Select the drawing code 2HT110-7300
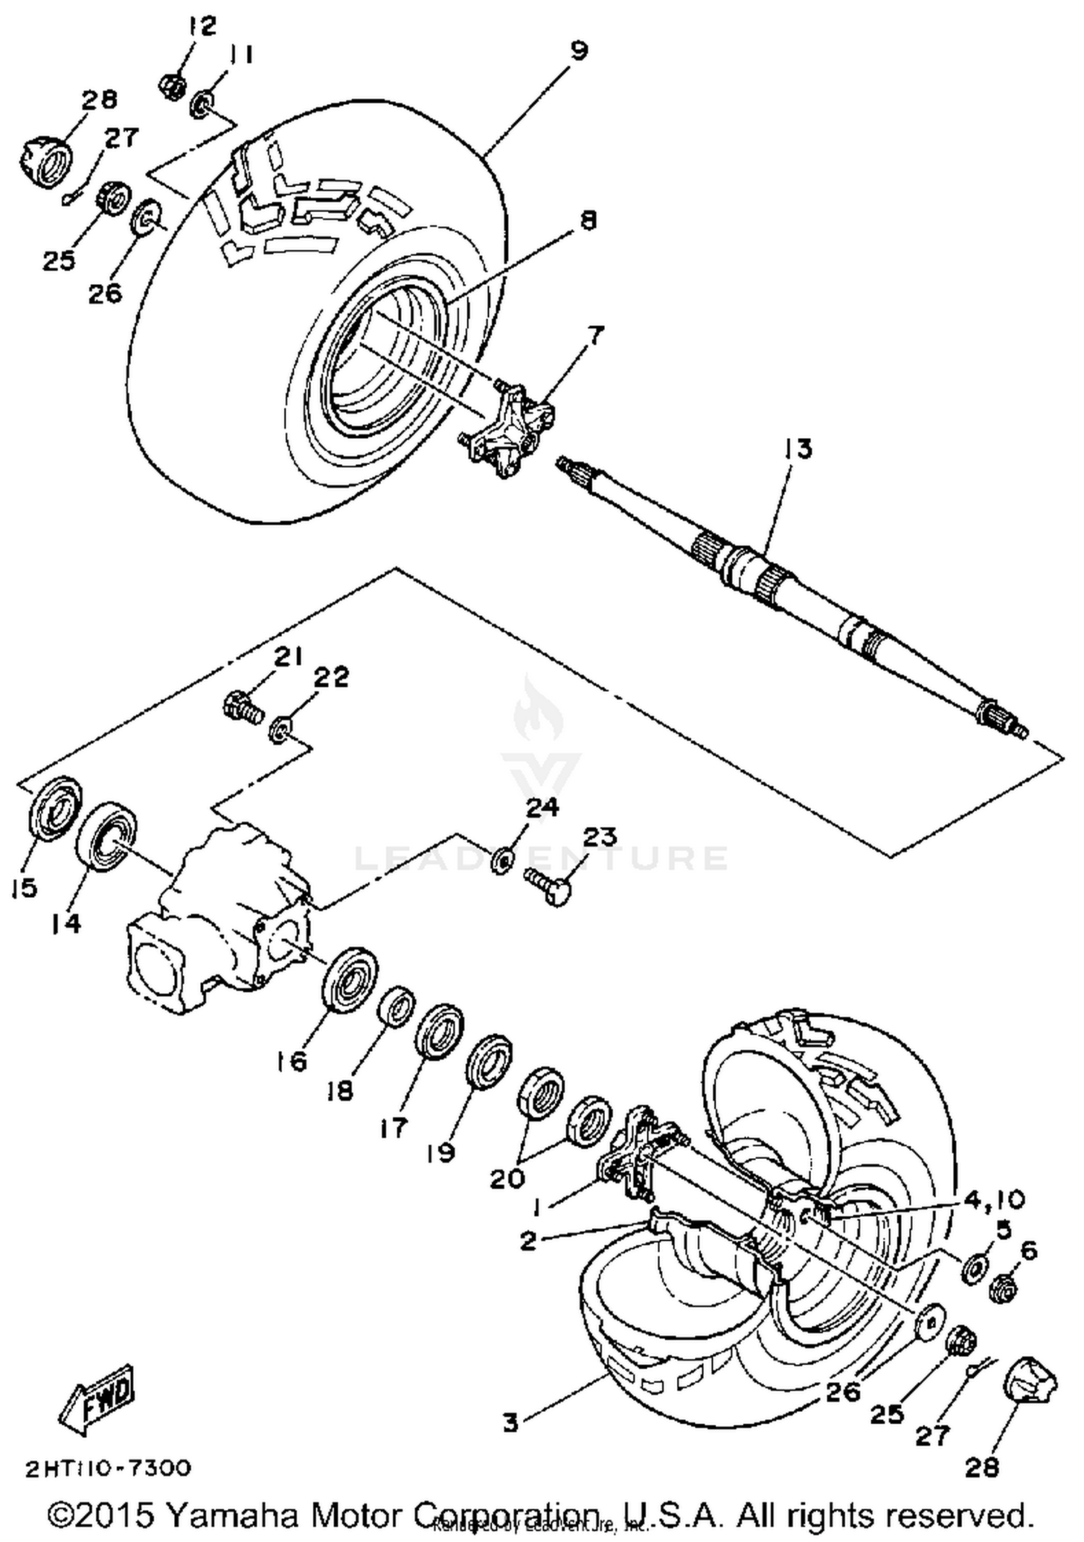pos(108,1468)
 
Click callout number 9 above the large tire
pos(578,51)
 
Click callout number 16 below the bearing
pos(291,1061)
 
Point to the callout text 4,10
pos(994,1200)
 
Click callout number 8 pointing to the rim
pos(589,220)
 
